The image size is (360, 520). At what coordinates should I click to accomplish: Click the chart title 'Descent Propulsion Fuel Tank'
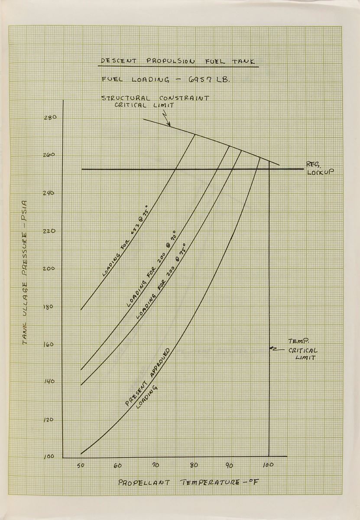click(178, 61)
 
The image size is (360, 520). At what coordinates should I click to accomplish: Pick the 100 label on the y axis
click(48, 457)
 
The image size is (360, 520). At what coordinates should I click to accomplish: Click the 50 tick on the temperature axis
click(80, 466)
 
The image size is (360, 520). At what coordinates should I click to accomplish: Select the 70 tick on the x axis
click(156, 466)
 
